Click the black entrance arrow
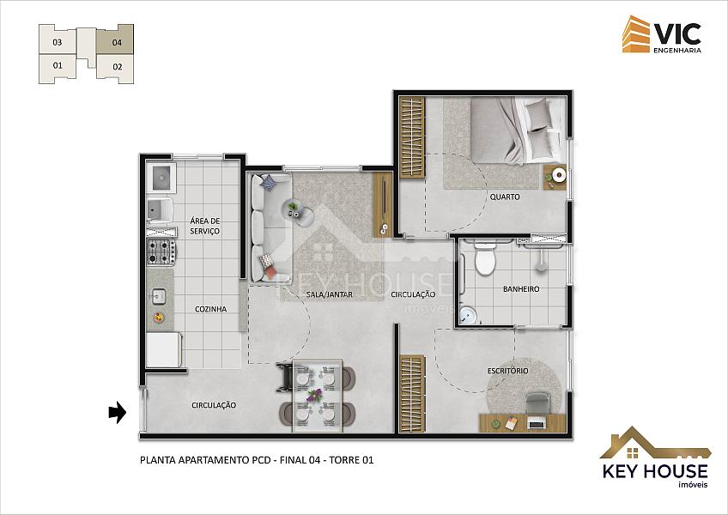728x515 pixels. [118, 412]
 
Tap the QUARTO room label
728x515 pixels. [505, 197]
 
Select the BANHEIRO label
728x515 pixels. [521, 289]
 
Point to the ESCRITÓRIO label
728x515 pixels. [508, 371]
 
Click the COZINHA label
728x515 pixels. [211, 309]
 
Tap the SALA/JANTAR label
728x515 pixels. [329, 294]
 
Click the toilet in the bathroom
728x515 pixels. [486, 257]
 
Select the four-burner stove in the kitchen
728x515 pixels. [161, 251]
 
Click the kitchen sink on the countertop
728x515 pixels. [159, 296]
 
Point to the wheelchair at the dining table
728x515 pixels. [286, 378]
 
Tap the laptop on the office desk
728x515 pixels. [537, 423]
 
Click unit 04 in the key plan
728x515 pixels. [115, 40]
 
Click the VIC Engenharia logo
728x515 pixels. [662, 34]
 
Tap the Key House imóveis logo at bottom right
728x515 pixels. [655, 457]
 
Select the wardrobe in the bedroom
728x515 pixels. [412, 137]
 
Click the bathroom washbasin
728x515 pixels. [468, 316]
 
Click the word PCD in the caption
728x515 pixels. [260, 460]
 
